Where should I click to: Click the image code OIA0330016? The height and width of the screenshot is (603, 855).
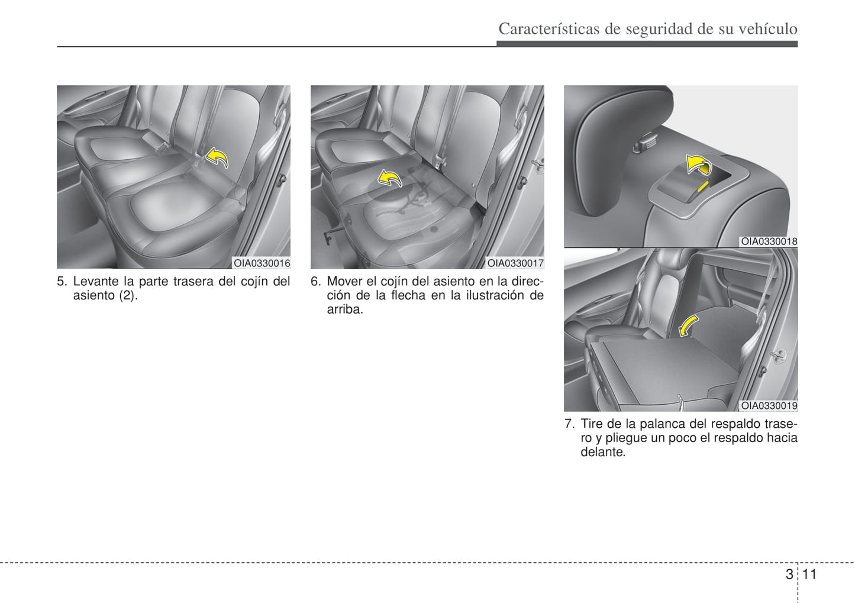pos(262,263)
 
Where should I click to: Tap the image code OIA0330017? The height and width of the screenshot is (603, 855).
pos(515,263)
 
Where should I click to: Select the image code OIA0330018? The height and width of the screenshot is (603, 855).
pos(769,241)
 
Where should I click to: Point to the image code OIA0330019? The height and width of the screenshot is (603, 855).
pos(769,406)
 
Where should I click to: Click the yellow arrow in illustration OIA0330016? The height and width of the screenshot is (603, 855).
pos(217,158)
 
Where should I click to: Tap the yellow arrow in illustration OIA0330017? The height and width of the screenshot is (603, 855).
pos(390,178)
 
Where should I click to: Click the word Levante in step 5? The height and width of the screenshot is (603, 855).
pos(96,282)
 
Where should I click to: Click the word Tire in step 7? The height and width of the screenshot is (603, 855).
pos(592,424)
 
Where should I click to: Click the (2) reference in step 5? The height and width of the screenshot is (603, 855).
pos(128,295)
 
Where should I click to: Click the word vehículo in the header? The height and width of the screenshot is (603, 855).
pos(768,28)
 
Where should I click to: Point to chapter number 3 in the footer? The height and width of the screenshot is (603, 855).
pos(789,574)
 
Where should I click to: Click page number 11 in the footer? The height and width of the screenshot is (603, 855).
pos(809,574)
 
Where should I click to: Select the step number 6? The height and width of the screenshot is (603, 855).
pos(315,282)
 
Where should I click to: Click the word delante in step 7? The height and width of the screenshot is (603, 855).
pos(602,452)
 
